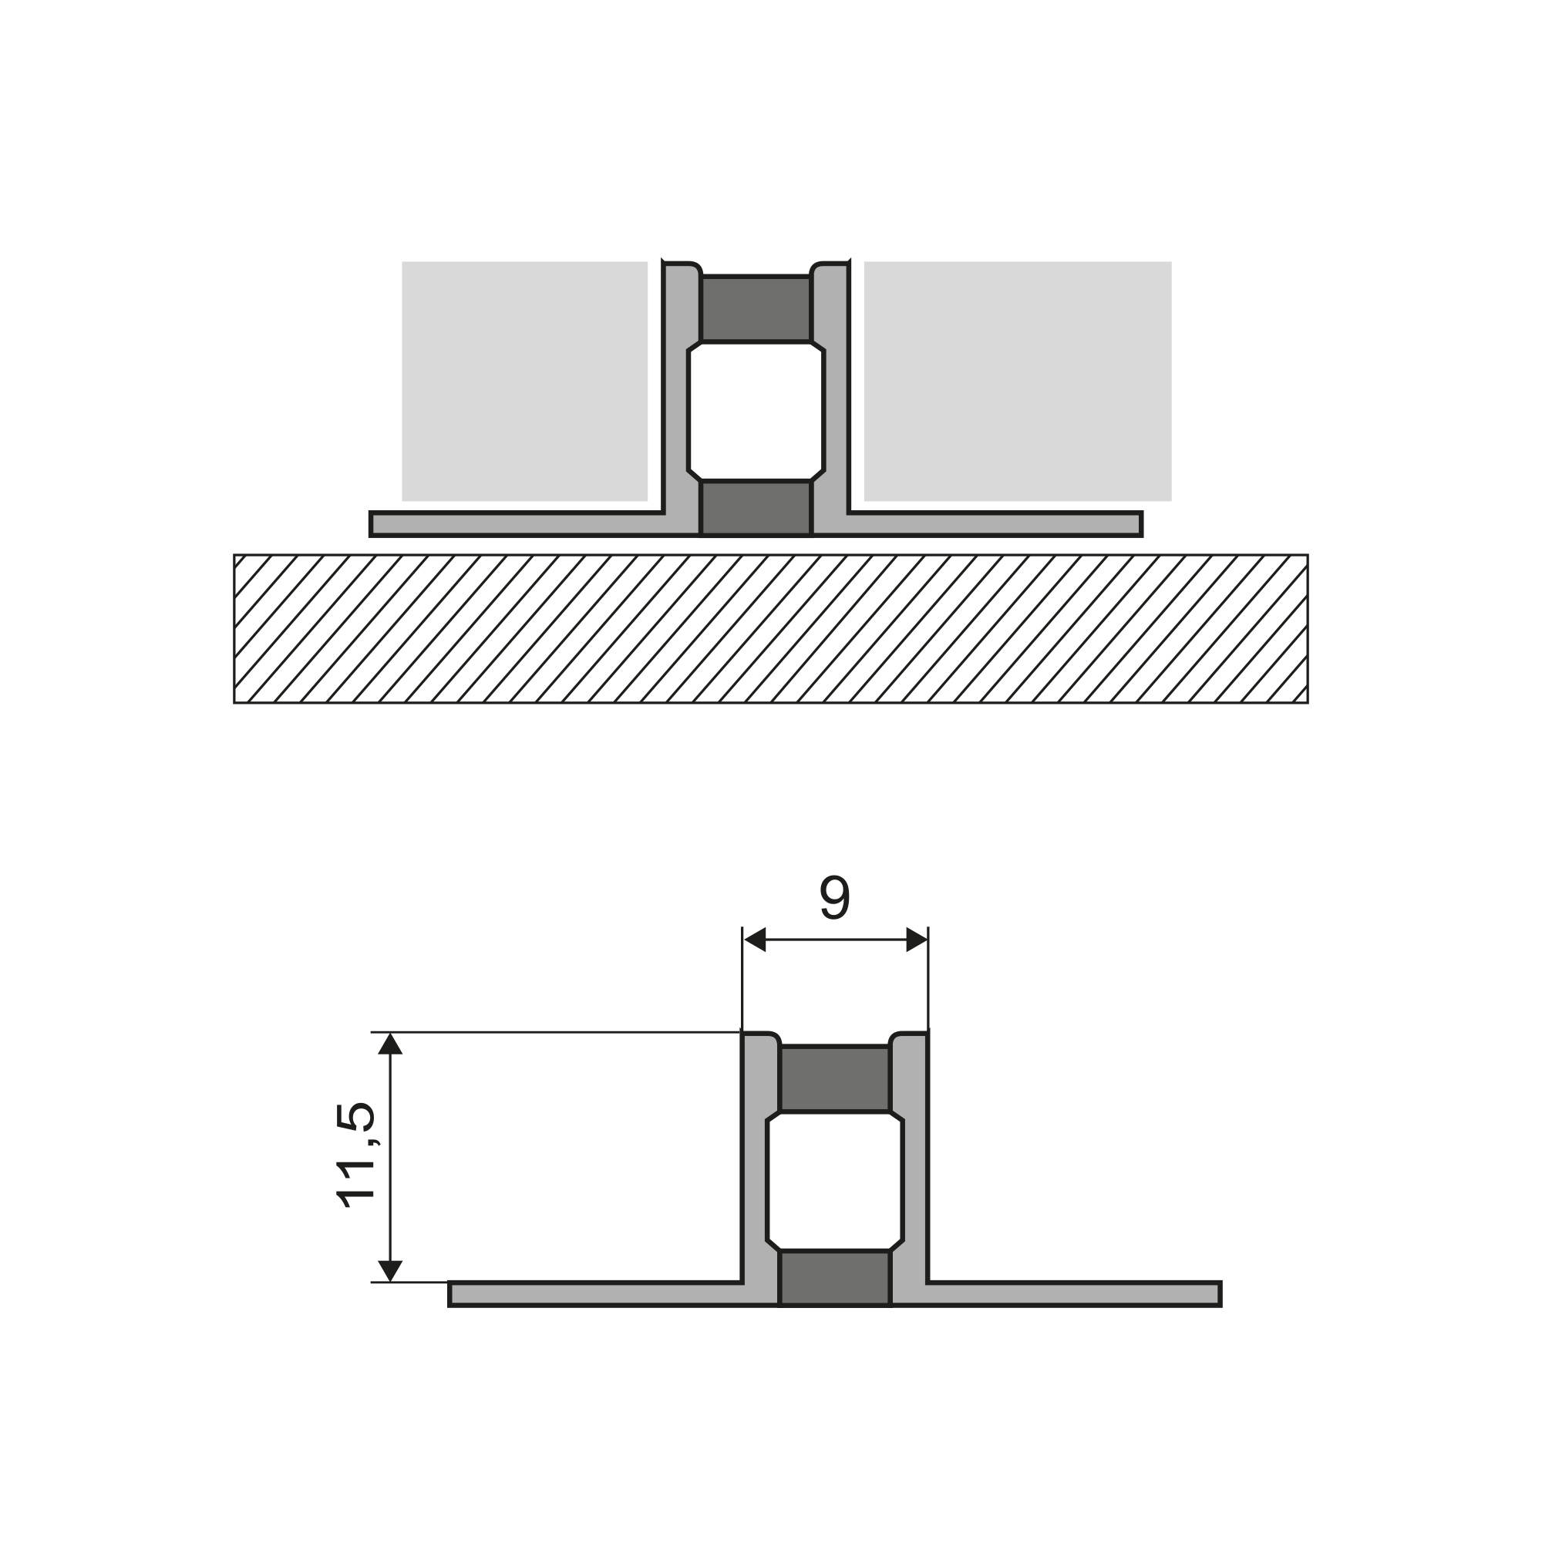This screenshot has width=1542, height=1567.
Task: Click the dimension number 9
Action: point(835,897)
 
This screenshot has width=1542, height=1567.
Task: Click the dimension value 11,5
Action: point(355,1155)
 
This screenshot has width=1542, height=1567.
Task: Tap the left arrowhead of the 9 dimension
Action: point(755,940)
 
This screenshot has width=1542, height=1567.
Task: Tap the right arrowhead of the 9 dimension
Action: point(917,940)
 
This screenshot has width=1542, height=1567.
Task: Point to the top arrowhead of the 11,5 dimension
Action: point(390,1044)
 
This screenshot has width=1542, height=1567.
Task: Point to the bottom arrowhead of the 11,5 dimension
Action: point(390,1270)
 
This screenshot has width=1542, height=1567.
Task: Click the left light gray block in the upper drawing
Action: point(525,382)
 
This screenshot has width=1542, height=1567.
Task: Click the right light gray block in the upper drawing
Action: point(1018,382)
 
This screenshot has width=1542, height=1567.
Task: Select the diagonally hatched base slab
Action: point(770,628)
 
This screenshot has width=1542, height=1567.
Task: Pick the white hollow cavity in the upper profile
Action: point(756,412)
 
